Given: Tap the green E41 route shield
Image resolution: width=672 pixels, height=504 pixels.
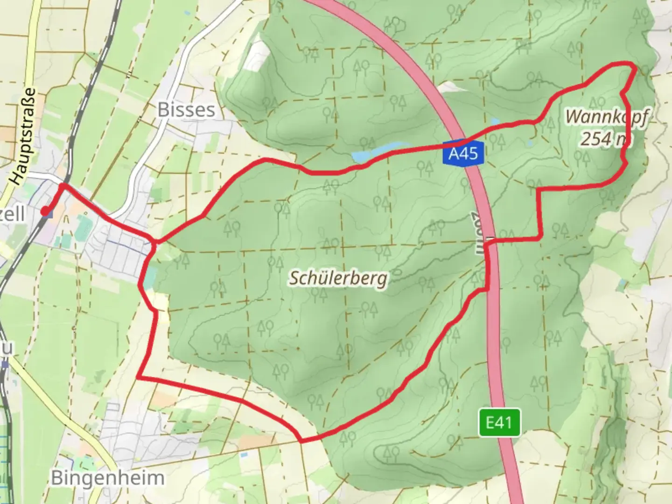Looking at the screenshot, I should click(x=499, y=423).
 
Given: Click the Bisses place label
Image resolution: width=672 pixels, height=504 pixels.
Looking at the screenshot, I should click(x=186, y=110).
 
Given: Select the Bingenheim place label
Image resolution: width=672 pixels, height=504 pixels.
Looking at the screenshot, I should click(x=107, y=478).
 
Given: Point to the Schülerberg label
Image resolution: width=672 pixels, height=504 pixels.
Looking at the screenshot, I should click(x=338, y=279).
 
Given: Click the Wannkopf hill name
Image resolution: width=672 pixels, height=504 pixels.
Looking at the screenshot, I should click(x=606, y=117).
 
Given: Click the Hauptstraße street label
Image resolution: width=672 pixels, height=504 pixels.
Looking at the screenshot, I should click(x=23, y=136).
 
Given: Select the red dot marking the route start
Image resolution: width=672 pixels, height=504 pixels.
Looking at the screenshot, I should click(x=45, y=212).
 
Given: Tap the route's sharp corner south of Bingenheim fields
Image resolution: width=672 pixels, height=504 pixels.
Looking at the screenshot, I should click(x=139, y=377).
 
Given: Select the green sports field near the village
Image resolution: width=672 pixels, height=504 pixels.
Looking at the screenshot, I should click(x=84, y=228).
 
